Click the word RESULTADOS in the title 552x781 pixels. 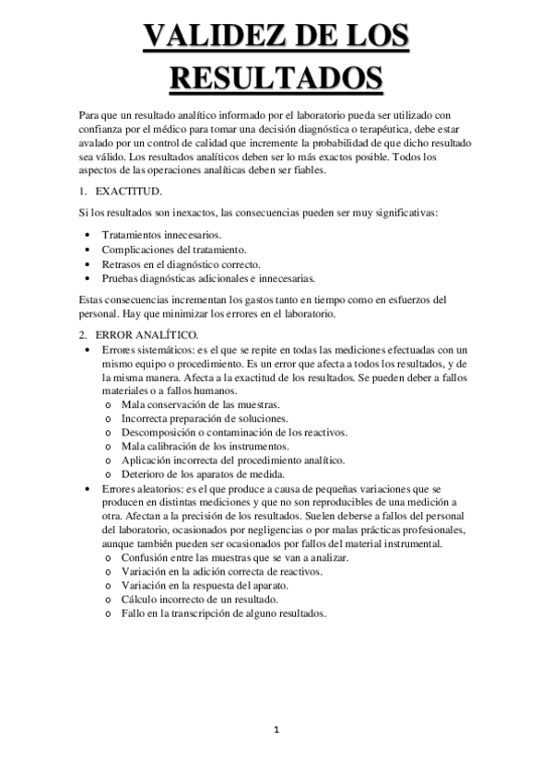tap(276, 79)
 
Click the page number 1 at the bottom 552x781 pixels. tap(276, 730)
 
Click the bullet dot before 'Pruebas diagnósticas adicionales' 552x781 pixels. tap(87, 277)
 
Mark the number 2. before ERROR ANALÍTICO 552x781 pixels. tap(82, 333)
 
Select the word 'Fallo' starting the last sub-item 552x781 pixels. tap(134, 613)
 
